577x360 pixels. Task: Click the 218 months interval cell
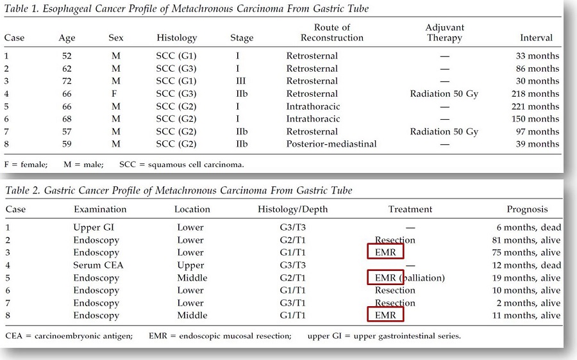tap(535, 94)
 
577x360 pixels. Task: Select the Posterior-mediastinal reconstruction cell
tap(331, 143)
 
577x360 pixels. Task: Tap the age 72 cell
tap(67, 81)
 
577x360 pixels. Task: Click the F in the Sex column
tap(114, 94)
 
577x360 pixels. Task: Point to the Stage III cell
tap(240, 81)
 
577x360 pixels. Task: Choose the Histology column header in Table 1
tap(177, 38)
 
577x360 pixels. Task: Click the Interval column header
tap(536, 38)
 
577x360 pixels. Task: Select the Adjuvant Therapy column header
tap(444, 33)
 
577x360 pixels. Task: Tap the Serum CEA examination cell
tap(98, 265)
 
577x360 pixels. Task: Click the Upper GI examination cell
tap(94, 227)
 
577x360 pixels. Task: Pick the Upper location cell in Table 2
tap(190, 265)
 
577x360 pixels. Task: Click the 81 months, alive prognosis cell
tap(526, 240)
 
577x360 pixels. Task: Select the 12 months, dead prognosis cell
tap(526, 265)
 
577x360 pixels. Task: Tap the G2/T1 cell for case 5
tap(292, 277)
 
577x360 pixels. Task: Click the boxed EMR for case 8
tap(385, 315)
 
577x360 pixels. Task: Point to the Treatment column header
tap(410, 209)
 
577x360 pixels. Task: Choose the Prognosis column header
tap(527, 209)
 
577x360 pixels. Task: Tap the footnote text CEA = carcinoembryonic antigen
tap(69, 336)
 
